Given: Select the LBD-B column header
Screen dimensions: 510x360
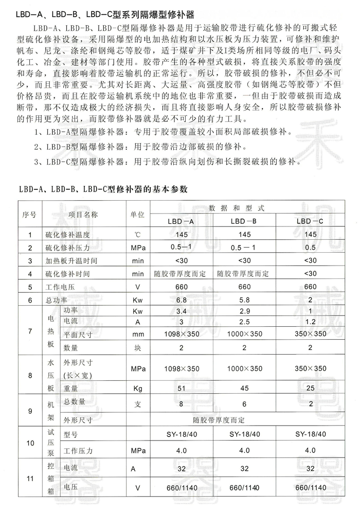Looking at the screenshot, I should click(244, 221).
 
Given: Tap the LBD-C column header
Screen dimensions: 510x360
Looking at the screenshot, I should click(310, 221).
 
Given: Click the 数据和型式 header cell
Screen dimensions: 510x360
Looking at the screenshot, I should click(244, 208).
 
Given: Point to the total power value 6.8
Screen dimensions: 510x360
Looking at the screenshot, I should click(181, 300).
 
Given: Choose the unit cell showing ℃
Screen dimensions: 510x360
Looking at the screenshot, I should click(137, 235).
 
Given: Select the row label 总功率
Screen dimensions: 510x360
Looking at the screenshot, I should click(53, 300).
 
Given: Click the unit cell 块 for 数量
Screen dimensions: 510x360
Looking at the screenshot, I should click(137, 348).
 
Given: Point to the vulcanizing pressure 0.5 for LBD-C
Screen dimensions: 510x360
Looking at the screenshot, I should click(310, 248).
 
